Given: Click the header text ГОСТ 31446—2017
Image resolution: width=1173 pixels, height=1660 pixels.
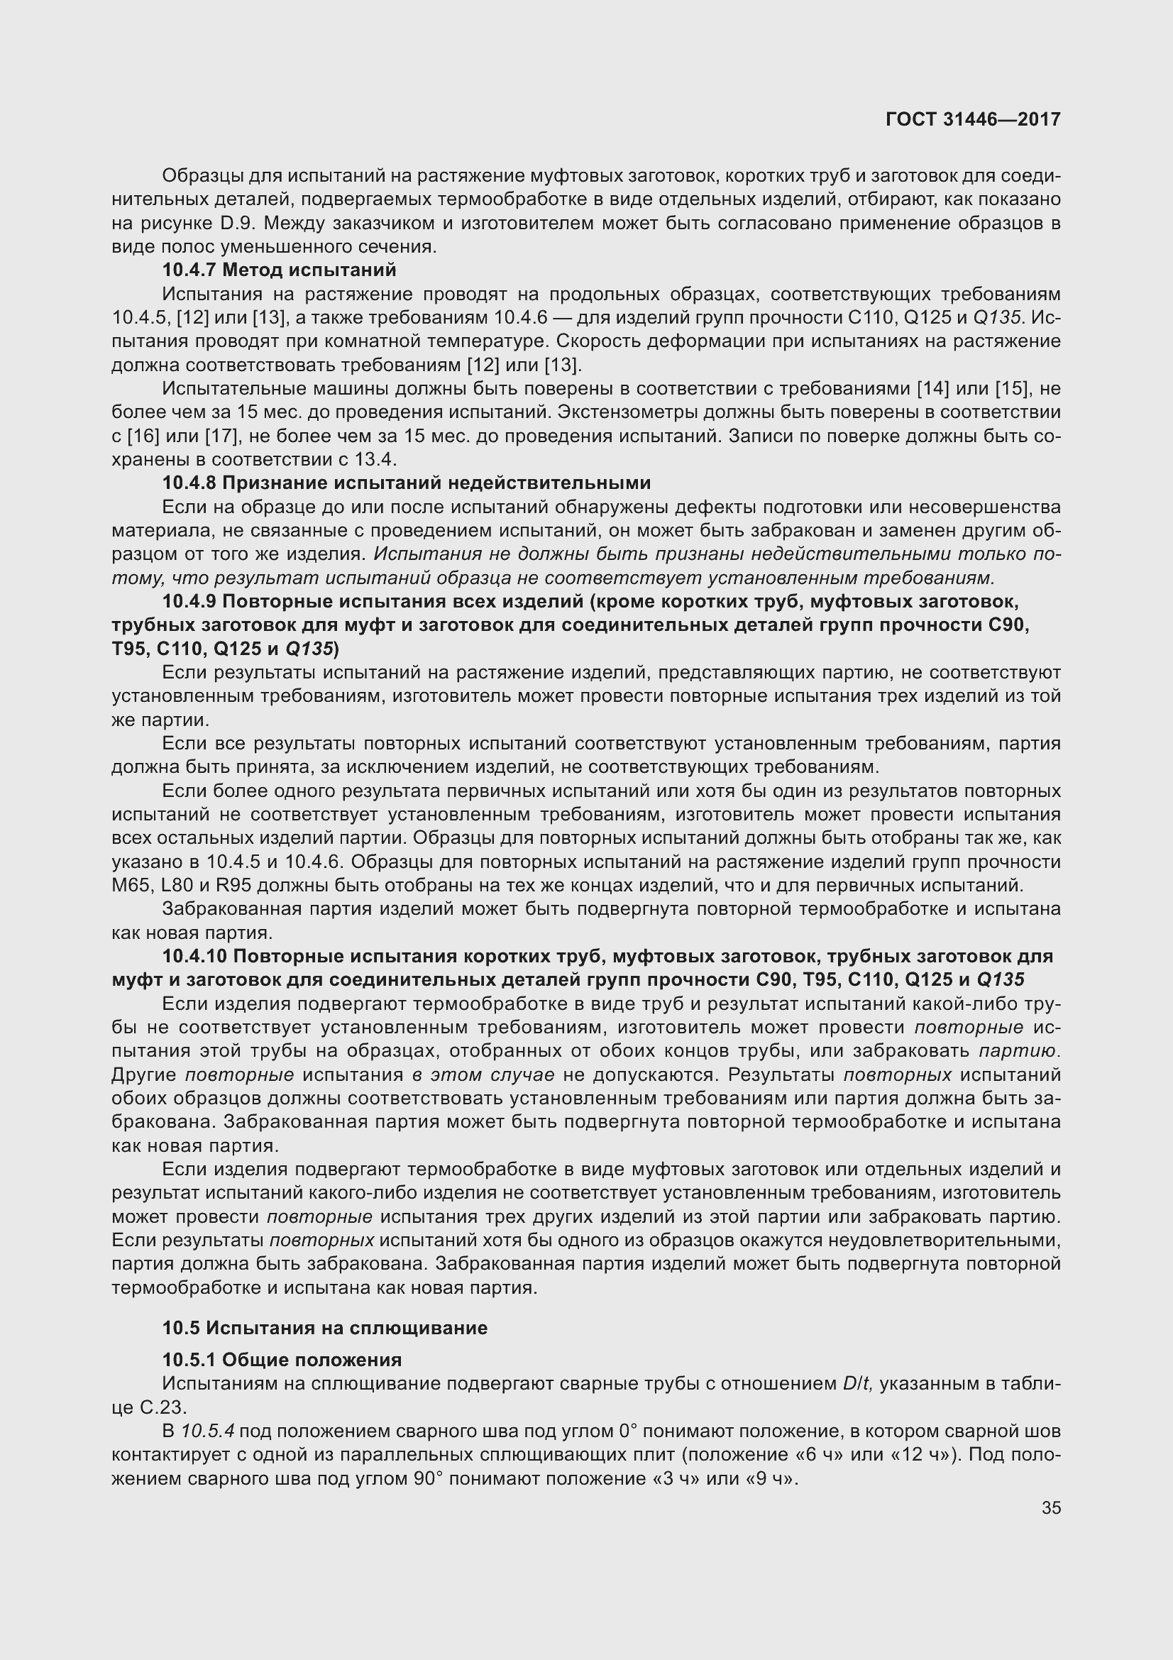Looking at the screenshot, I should [973, 119].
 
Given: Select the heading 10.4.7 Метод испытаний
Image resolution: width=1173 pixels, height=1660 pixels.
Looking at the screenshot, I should [279, 270].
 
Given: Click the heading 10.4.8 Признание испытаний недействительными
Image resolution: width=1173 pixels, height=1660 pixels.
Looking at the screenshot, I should [406, 483].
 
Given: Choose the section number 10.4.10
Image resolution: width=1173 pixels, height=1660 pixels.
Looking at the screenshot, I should [194, 957].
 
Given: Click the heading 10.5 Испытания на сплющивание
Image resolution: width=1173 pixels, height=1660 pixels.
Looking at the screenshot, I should [324, 1327].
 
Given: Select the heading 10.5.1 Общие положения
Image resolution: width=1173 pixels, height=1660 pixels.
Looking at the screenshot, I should [282, 1360].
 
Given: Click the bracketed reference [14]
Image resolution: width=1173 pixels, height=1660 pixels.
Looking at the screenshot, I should [932, 389].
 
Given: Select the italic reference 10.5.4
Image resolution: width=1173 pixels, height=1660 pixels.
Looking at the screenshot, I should [209, 1431].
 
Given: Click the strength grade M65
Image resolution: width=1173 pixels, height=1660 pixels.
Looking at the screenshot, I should [128, 886].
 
